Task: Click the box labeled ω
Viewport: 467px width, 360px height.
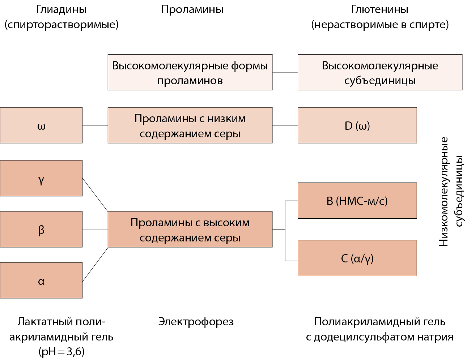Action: click(x=41, y=125)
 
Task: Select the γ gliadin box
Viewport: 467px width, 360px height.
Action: click(x=41, y=178)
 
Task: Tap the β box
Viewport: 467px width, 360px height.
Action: click(x=41, y=230)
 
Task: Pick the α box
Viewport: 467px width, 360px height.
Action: click(x=41, y=280)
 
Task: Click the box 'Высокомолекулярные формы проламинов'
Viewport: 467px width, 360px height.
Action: click(x=190, y=72)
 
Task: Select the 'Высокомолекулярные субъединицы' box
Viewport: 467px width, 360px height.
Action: click(x=380, y=72)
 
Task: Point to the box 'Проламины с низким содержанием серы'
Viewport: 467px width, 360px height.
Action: click(x=190, y=125)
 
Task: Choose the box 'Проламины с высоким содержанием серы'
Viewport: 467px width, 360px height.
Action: click(x=190, y=230)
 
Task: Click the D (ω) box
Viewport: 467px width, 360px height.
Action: click(x=357, y=125)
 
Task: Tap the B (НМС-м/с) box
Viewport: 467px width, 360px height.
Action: click(x=357, y=201)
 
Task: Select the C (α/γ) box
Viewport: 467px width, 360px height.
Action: click(x=357, y=258)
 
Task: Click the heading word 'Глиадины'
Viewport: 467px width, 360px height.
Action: click(x=61, y=9)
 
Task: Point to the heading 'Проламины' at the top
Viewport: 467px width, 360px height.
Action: click(x=192, y=9)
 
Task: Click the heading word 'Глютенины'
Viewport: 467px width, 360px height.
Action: click(x=379, y=9)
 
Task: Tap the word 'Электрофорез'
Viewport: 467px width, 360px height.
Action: click(x=196, y=321)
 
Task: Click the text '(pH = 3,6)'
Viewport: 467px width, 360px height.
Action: click(x=61, y=352)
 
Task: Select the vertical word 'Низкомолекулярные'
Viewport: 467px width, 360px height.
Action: click(x=443, y=192)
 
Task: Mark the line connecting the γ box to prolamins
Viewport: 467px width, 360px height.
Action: click(x=95, y=194)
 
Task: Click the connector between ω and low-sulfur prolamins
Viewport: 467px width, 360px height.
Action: click(x=95, y=125)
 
